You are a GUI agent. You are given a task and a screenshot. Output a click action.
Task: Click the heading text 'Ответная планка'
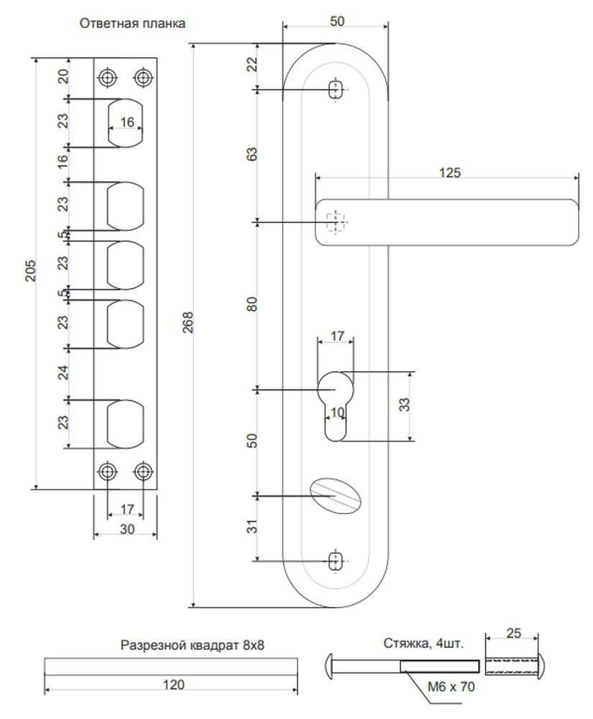(132, 24)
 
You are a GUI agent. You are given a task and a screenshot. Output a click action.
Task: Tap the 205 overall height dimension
(30, 270)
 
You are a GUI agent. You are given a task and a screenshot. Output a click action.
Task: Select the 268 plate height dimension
(188, 322)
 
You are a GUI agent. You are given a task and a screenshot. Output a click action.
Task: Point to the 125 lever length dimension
(449, 173)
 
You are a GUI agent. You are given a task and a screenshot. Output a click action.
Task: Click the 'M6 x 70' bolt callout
(451, 687)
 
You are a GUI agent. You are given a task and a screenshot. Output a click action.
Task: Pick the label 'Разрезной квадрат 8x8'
(193, 645)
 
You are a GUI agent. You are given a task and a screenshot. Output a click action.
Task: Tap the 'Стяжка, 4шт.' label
(423, 644)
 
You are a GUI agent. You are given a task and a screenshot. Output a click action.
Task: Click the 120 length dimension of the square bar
(174, 684)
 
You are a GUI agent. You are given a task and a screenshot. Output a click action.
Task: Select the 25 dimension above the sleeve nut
(514, 633)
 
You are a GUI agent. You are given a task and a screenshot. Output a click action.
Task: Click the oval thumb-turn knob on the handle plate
(336, 495)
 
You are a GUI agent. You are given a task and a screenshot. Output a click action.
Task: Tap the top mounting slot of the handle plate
(336, 89)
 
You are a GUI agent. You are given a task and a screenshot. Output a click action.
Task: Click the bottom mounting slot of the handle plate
(336, 561)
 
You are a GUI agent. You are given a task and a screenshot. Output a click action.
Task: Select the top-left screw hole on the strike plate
(107, 78)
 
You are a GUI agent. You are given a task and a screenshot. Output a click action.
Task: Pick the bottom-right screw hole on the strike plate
(143, 471)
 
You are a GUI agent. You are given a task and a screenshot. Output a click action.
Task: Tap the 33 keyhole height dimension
(404, 404)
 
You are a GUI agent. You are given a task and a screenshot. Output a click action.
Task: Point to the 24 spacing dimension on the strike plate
(63, 372)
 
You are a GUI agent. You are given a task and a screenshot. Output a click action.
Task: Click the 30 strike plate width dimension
(127, 529)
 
